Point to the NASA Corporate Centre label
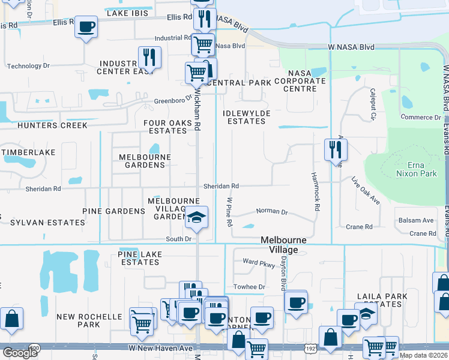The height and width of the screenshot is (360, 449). click(x=300, y=85)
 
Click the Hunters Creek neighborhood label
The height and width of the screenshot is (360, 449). click(x=44, y=125)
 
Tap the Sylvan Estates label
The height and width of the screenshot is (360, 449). click(x=47, y=223)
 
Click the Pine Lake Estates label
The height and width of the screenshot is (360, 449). click(x=138, y=258)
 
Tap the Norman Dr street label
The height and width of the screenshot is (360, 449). click(x=272, y=212)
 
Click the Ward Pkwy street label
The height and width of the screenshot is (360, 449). click(x=259, y=262)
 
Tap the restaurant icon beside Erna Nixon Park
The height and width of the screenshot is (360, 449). click(x=336, y=149)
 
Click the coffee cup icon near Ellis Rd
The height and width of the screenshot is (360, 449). click(x=86, y=26)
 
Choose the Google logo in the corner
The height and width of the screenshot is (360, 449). click(x=20, y=352)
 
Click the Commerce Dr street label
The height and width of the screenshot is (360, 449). click(x=421, y=118)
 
